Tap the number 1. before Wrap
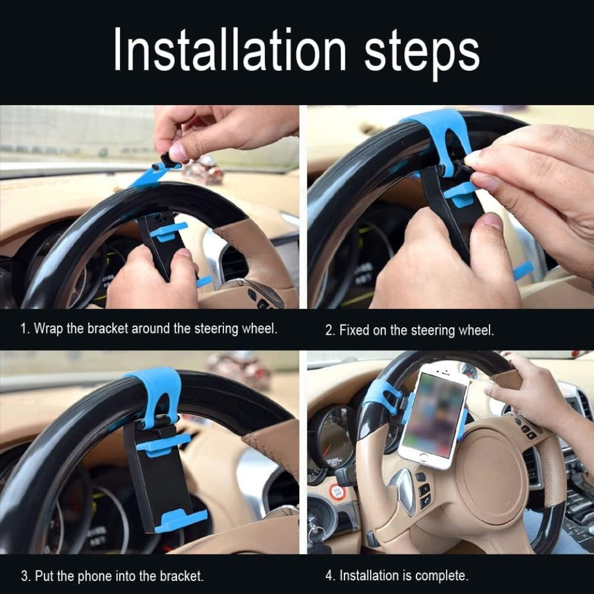coord(25,329)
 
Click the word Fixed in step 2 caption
coord(355,330)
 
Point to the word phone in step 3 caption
coord(97,576)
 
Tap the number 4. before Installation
coord(330,576)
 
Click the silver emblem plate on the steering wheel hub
coord(406,488)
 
